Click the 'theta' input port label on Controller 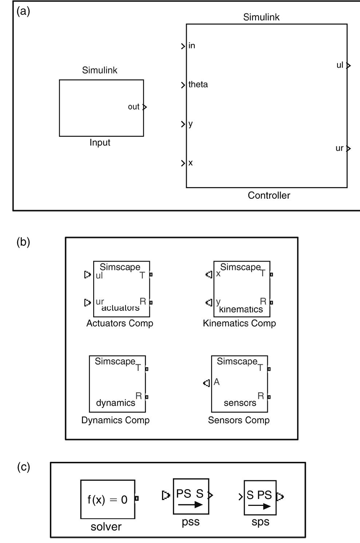click(x=198, y=84)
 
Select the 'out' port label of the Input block click(x=134, y=107)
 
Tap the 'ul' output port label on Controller click(x=340, y=65)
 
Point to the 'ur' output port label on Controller click(x=339, y=148)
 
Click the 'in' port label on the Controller click(x=191, y=45)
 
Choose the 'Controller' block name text click(x=269, y=195)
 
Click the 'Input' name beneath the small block click(x=100, y=143)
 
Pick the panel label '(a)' click(x=23, y=11)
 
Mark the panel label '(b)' click(x=23, y=242)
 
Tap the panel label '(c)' click(x=23, y=467)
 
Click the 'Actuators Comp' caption click(x=119, y=323)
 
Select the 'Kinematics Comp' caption click(x=239, y=323)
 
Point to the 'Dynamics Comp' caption click(x=115, y=420)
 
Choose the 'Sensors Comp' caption click(x=238, y=420)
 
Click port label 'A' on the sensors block click(x=217, y=382)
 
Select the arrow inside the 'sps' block click(x=260, y=506)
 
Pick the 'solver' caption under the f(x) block click(x=106, y=527)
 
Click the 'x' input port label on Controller click(x=190, y=163)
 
